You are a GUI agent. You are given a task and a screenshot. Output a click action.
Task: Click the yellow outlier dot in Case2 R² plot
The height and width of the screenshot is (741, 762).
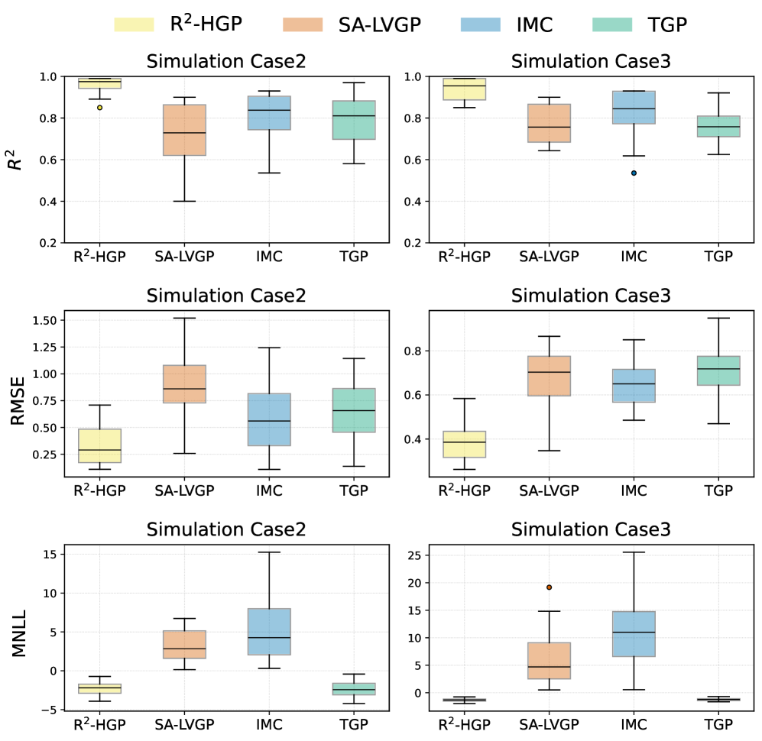coord(99,108)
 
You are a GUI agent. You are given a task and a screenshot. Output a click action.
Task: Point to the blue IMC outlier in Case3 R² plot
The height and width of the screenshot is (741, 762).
coord(634,173)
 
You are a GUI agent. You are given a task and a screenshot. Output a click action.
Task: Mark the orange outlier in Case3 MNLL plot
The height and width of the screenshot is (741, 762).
coord(548,587)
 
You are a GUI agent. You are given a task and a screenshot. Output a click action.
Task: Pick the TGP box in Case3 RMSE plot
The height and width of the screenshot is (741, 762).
coord(719,370)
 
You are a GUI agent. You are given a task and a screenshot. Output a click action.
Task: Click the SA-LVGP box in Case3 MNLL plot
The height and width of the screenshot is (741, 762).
coord(548,661)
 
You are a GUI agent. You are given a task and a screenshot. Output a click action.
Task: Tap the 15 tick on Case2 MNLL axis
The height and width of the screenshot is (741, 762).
coord(47,554)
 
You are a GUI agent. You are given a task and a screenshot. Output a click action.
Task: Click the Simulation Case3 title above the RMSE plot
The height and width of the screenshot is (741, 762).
coord(591,295)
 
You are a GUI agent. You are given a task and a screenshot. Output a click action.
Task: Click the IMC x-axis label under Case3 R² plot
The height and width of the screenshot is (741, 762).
coord(634,257)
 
